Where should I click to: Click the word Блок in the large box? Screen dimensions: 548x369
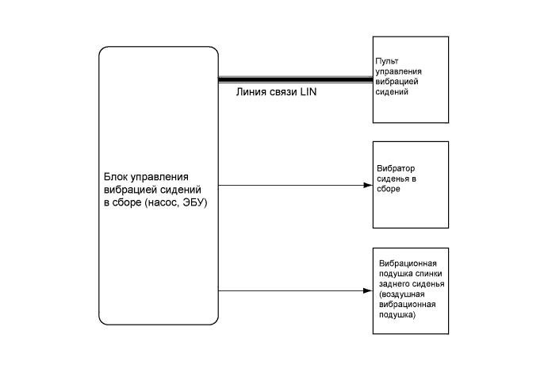(116, 178)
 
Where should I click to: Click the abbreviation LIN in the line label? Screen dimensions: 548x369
(308, 91)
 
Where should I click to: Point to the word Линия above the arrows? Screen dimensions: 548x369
(252, 91)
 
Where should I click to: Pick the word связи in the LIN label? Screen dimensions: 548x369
(283, 91)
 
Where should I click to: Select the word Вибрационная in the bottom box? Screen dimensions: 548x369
(408, 263)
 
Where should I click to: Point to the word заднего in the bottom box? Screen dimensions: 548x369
(394, 283)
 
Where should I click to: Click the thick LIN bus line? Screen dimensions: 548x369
(293, 79)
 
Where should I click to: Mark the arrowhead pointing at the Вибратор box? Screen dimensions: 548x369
(368, 186)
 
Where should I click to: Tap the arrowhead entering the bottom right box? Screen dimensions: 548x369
(368, 291)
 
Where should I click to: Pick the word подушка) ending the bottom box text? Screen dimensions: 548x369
(397, 314)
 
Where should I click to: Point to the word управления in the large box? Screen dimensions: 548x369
(163, 178)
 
